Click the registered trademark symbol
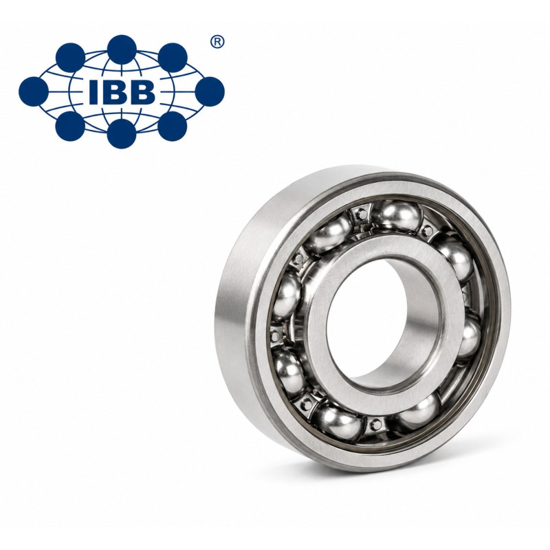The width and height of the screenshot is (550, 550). coord(217,42)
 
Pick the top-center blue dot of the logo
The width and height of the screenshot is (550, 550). coord(122,49)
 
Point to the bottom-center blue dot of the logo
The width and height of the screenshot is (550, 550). coord(122,133)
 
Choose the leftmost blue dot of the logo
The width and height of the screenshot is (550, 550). coord(33,91)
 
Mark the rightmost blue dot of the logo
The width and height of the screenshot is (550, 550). coord(210,91)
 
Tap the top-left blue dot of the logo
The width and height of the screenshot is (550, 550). coord(70,58)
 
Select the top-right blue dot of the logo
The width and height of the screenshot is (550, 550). coord(173,58)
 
